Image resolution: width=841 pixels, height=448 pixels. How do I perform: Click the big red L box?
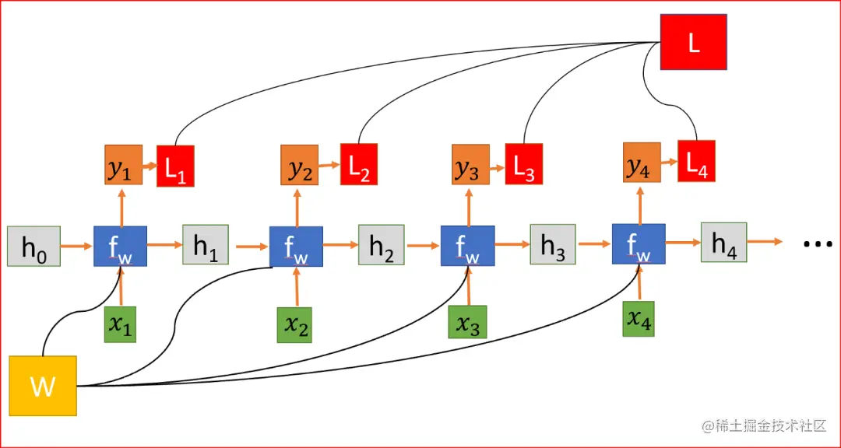coord(693,42)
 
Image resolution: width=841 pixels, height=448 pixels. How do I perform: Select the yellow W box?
coord(43,384)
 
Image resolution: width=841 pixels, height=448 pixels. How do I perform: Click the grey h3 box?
coord(553,246)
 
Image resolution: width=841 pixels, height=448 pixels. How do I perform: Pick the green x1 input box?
coord(120,325)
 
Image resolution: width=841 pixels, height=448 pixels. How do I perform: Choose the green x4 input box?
coord(639,319)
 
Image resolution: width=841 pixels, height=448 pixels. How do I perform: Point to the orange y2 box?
coord(299,166)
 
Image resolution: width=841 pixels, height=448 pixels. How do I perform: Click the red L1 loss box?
coord(175,166)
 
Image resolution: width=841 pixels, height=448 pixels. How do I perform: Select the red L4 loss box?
coord(696,161)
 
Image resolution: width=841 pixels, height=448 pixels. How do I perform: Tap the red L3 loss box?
coord(524,165)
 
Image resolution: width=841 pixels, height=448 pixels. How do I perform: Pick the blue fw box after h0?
coord(120,247)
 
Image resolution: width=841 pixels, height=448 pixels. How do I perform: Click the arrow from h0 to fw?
coord(76,247)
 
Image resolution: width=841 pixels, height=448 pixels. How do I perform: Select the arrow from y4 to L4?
coord(668,161)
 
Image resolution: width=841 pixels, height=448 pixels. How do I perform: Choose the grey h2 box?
coord(381,246)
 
